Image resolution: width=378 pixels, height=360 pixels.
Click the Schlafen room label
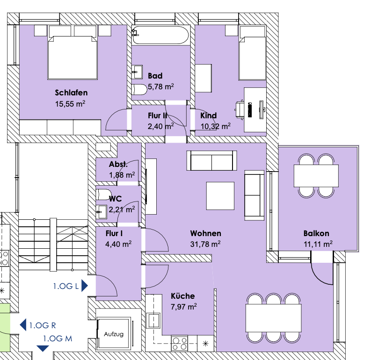[71, 93]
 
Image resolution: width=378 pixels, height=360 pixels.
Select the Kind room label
[208, 115]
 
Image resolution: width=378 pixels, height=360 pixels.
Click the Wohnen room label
[205, 233]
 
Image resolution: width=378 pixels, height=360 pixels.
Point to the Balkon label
[316, 233]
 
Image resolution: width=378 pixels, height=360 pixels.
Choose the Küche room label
[182, 296]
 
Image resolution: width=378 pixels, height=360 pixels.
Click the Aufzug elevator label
[113, 335]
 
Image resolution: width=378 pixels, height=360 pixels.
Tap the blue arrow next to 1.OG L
[85, 285]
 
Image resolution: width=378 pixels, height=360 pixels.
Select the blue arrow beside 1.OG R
[22, 325]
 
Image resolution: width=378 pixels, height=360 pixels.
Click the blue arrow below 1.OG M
[43, 348]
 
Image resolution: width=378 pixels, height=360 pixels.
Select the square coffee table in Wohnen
[221, 196]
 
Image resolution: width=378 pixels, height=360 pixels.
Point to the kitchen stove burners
[180, 344]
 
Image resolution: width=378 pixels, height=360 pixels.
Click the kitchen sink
[154, 321]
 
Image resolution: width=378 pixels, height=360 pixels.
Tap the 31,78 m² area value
[205, 244]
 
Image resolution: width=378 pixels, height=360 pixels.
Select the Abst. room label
[118, 165]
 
